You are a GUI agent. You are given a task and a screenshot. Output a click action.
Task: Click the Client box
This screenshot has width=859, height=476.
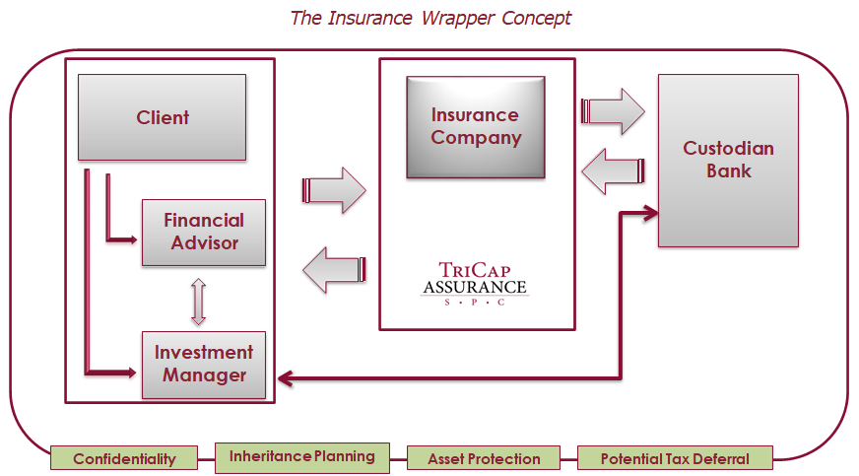[162, 117]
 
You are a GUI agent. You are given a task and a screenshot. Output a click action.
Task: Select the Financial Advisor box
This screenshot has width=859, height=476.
[203, 232]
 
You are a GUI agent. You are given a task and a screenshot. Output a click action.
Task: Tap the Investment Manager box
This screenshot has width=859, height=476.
[203, 364]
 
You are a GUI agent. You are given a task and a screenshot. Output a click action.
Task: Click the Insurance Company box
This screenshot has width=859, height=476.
[475, 127]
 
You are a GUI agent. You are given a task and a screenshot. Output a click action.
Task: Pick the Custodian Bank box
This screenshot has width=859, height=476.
[728, 160]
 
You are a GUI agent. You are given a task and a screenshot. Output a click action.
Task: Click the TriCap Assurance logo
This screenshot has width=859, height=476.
[474, 283]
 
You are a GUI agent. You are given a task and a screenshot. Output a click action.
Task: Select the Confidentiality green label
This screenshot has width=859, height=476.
[124, 459]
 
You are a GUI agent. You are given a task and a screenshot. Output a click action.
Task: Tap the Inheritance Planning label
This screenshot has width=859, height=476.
[301, 456]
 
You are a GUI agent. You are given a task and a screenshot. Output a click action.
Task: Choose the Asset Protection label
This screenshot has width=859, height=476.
[484, 459]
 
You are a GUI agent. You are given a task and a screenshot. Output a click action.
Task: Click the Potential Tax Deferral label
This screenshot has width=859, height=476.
[675, 459]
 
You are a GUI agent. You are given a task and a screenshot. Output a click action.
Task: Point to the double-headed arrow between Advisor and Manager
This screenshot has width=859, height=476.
[198, 301]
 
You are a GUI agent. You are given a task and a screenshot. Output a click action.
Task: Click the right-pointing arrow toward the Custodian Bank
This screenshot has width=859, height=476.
[613, 110]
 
